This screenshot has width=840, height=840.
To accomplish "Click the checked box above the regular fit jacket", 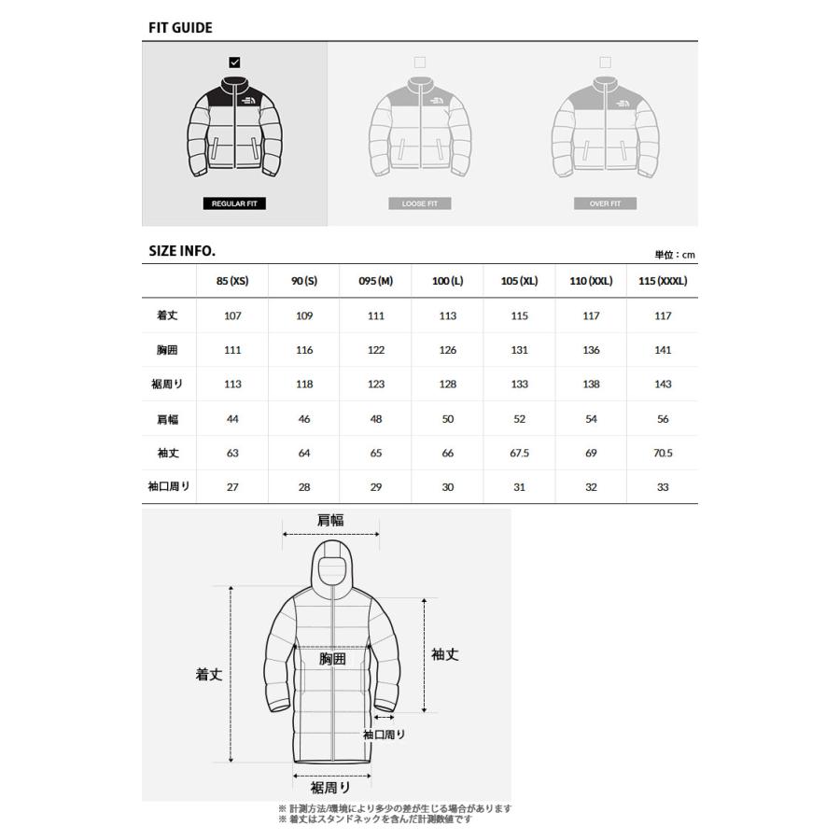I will click(x=234, y=63).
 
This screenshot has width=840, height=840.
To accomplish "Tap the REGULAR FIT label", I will click(x=234, y=203).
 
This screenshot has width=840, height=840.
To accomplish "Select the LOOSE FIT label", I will click(x=419, y=203).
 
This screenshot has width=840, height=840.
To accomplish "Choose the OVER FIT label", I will click(x=605, y=203).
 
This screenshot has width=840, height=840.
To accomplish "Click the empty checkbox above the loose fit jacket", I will click(x=419, y=63).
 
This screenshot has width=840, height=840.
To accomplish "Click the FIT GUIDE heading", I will click(x=180, y=27).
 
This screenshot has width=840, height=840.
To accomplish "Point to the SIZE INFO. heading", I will click(x=182, y=251).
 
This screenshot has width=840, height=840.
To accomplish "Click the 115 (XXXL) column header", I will click(x=662, y=281).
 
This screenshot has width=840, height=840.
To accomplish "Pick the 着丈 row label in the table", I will click(x=167, y=315).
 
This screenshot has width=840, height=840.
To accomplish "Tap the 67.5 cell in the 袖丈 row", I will click(x=519, y=453).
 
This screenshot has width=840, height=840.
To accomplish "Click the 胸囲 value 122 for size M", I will click(x=376, y=350).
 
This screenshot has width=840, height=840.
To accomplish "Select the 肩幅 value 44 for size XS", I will click(x=232, y=419).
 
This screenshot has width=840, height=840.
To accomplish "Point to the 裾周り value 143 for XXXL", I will click(x=662, y=385).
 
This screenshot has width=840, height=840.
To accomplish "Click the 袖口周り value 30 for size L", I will click(x=447, y=487).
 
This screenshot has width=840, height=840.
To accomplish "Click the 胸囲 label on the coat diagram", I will click(x=332, y=659).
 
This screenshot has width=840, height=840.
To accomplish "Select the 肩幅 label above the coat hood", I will click(x=330, y=521).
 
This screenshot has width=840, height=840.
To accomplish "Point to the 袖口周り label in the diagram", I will click(x=386, y=735).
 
